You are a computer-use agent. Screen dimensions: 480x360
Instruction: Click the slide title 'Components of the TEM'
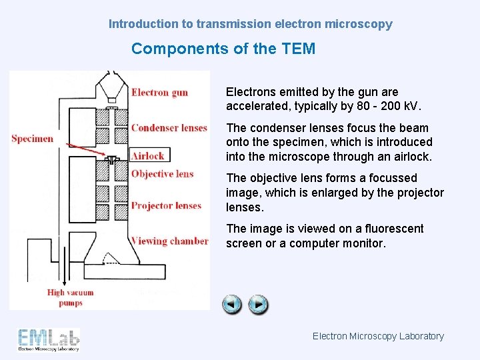coord(223,49)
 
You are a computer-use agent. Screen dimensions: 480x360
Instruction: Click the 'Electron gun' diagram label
coord(159,93)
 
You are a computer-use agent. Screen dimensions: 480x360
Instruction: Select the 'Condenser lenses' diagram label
coord(169,128)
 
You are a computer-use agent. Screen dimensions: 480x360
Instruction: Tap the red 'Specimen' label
coord(32,139)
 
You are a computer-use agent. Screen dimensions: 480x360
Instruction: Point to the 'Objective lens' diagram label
coord(162,174)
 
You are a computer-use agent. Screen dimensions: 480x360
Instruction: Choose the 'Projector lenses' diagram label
coord(166,205)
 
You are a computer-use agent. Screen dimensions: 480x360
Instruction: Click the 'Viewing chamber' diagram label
coord(169,241)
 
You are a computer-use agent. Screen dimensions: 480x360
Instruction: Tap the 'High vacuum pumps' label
coord(70,297)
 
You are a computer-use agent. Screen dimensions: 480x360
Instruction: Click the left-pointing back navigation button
coord(232,305)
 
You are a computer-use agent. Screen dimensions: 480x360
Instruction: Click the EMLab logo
coord(49,339)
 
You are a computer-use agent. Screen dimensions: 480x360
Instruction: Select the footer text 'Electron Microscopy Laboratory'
coord(378,336)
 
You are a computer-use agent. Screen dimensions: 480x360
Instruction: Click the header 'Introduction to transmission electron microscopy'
coord(251,24)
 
